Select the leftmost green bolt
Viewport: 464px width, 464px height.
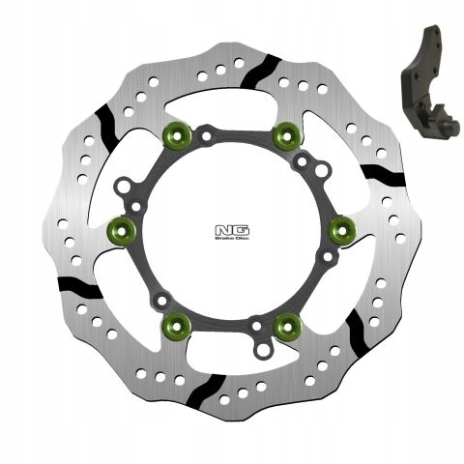click(122, 228)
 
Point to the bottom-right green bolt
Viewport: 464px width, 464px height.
click(286, 326)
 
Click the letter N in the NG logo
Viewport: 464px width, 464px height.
click(224, 229)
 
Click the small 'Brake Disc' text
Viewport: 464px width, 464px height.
click(232, 242)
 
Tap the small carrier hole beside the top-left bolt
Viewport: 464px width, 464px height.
click(206, 137)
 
